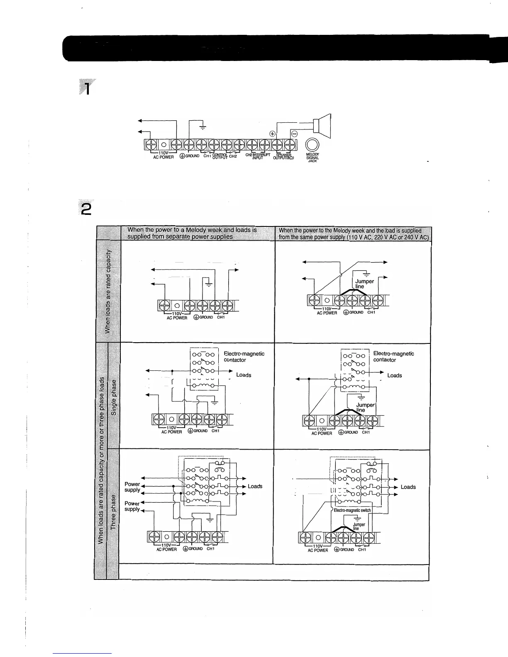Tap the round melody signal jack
[x=313, y=145]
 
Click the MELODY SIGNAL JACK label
[x=313, y=158]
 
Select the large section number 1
[x=87, y=88]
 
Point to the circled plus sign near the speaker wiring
[x=273, y=134]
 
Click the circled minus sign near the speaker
[x=294, y=134]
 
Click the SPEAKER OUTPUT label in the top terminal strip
[x=284, y=157]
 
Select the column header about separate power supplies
[x=192, y=234]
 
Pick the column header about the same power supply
[x=353, y=234]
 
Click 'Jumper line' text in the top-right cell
[x=364, y=284]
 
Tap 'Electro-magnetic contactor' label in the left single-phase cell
[x=244, y=357]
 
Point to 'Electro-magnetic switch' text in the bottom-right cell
[x=352, y=510]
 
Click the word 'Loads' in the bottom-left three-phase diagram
[x=255, y=486]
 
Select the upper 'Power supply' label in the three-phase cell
[x=132, y=487]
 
